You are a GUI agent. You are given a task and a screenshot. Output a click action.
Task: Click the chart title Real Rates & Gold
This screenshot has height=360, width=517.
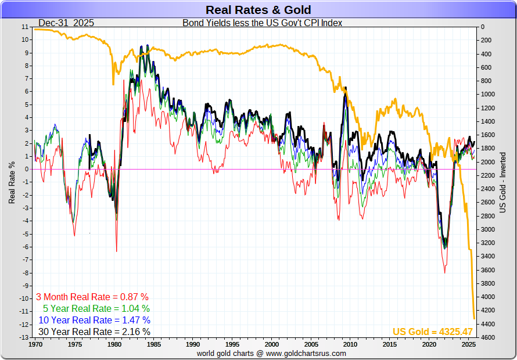coord(258,10)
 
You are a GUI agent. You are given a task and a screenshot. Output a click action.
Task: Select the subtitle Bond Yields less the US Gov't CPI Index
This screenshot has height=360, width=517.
coord(263,23)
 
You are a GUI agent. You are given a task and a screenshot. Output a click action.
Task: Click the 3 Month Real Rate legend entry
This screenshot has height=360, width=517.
coord(92,297)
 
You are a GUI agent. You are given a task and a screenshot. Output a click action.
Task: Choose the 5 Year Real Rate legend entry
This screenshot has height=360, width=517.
coord(96,308)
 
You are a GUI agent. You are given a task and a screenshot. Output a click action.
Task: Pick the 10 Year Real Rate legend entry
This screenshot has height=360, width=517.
coord(94,320)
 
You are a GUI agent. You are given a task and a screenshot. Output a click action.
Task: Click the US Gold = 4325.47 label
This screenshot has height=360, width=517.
coord(433,332)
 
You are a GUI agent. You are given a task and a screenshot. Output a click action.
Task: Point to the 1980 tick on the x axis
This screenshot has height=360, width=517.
coord(115,344)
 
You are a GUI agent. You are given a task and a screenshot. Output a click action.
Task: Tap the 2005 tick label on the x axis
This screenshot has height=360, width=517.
coord(311,344)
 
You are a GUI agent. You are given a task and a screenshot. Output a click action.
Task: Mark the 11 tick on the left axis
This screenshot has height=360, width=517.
coord(24,27)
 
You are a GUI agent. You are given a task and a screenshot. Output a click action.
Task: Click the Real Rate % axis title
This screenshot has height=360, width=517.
coord(12,182)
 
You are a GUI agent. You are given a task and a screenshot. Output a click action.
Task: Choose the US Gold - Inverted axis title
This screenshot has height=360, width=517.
coord(503,182)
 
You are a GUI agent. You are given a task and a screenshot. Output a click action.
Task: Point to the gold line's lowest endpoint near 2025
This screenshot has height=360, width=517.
coord(475,318)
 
